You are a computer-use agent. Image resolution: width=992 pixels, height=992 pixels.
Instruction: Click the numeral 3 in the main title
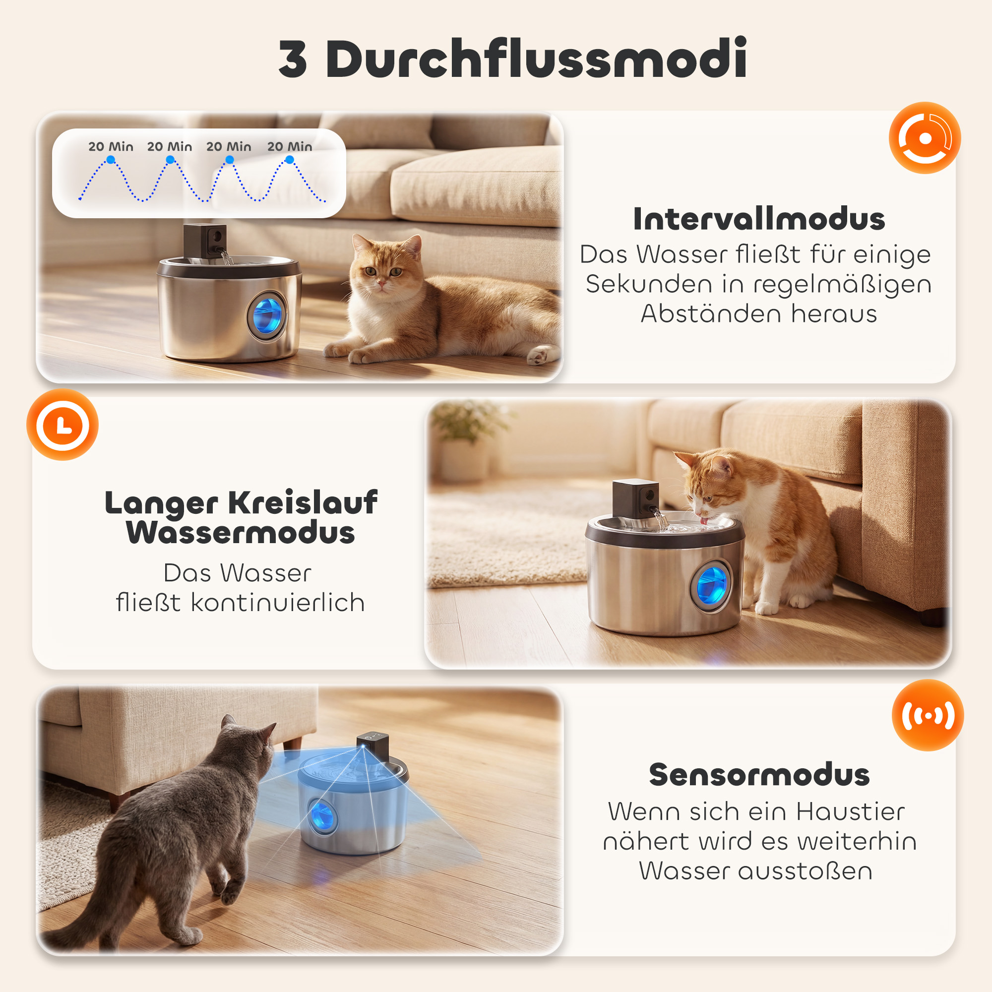click(x=293, y=60)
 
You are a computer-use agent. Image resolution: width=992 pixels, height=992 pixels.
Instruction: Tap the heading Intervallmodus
click(x=759, y=219)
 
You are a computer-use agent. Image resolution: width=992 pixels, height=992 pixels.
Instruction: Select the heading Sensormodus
click(x=759, y=775)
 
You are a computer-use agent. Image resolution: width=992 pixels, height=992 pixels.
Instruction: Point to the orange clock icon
click(x=62, y=425)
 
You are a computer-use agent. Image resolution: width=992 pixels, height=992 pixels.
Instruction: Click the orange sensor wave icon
click(x=928, y=715)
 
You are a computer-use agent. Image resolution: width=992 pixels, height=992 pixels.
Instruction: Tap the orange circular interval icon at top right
click(x=925, y=137)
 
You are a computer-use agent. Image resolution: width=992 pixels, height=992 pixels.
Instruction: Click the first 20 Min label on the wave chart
click(x=111, y=147)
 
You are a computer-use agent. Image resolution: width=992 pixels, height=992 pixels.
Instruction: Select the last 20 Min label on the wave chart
click(x=290, y=147)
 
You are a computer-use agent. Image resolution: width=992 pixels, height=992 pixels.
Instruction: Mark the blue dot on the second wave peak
click(x=170, y=160)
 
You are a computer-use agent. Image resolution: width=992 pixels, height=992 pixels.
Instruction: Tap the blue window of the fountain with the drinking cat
click(x=712, y=585)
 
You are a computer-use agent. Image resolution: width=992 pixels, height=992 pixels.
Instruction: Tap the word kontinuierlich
click(x=278, y=602)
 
